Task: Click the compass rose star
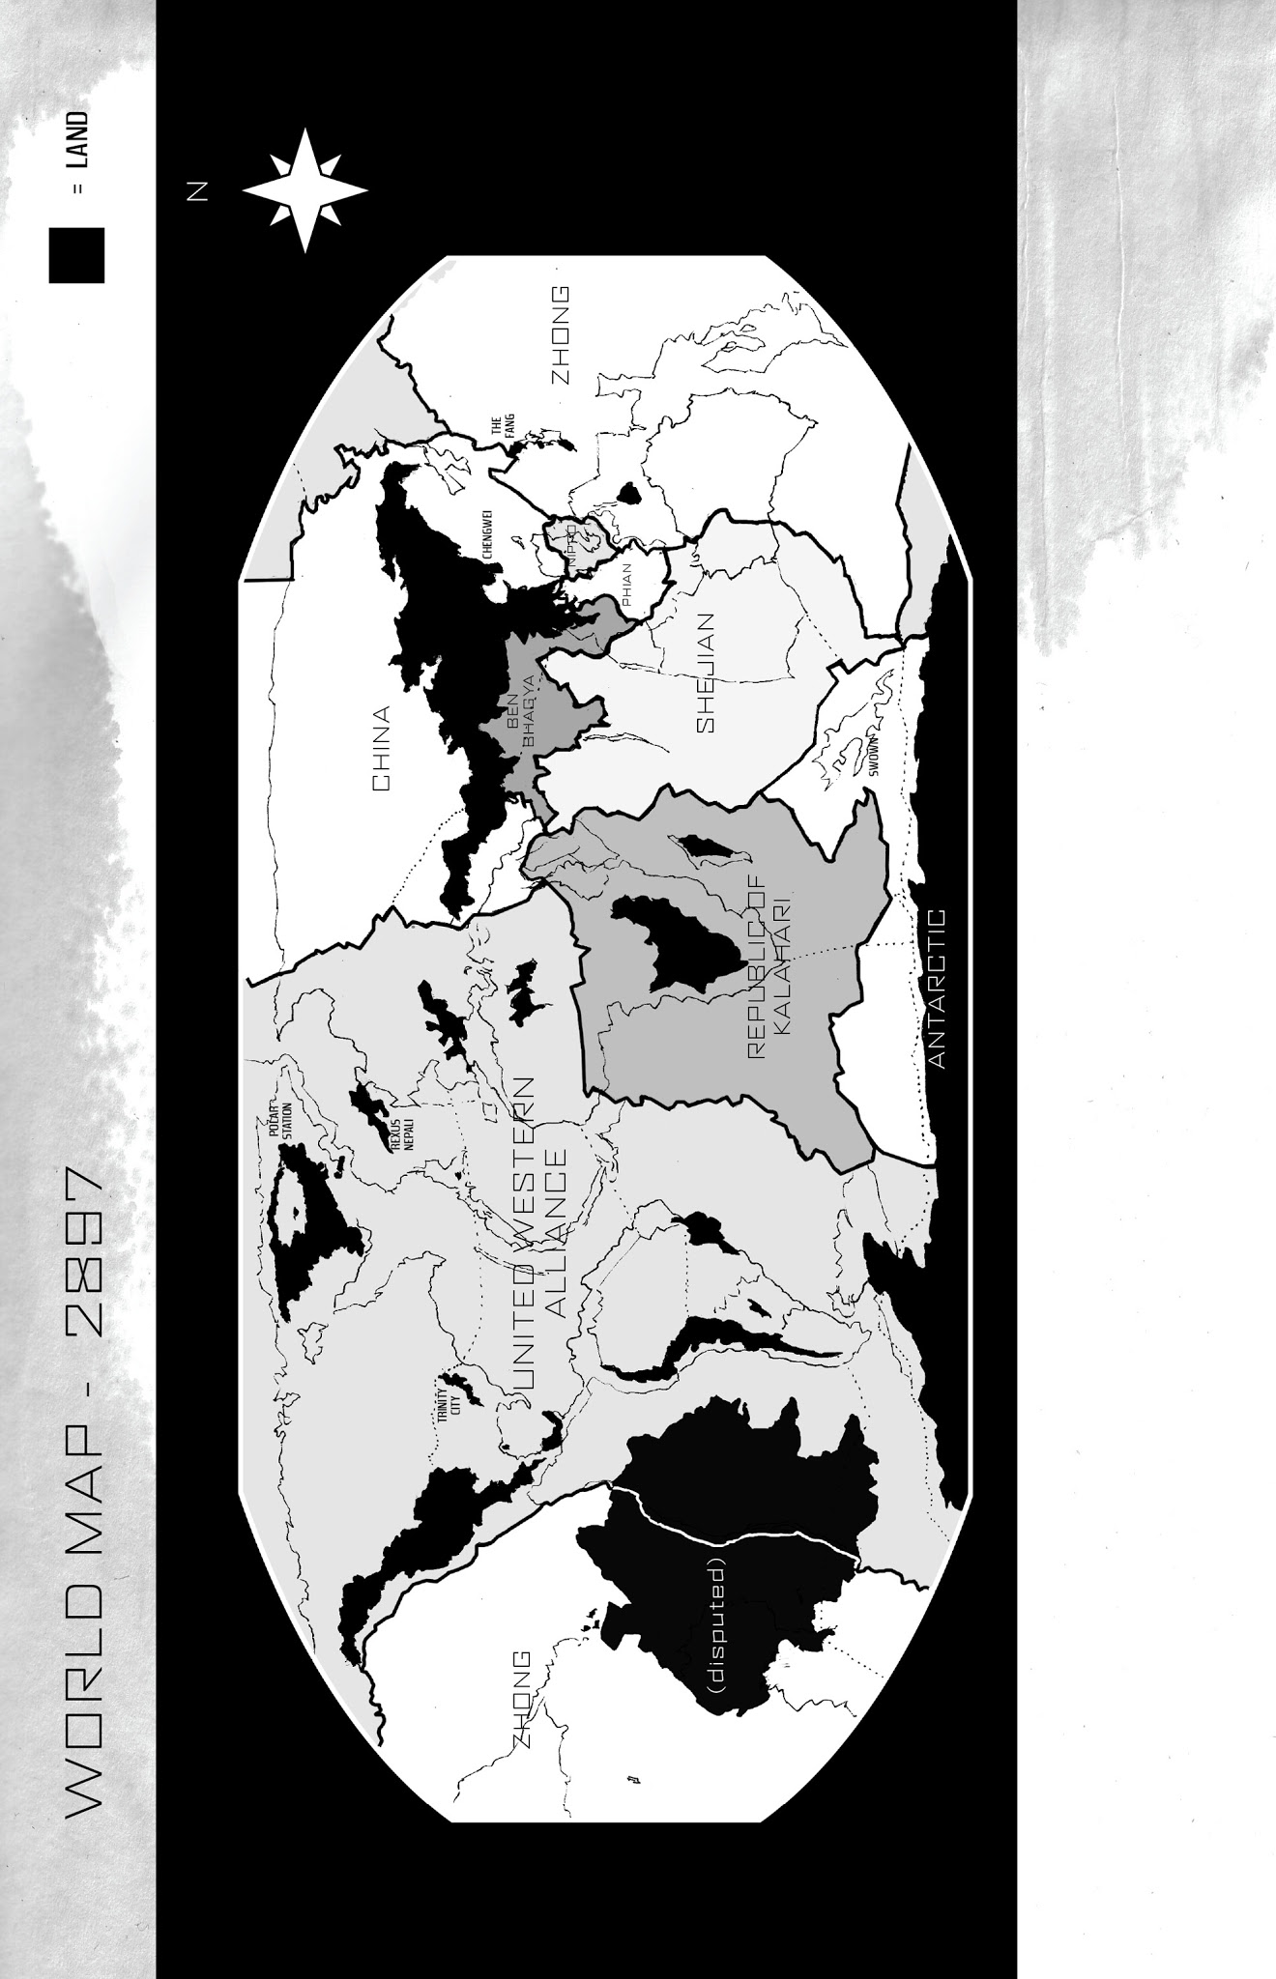304,190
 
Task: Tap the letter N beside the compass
196,191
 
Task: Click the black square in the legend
76,255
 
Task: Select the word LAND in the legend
79,140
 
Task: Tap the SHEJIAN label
705,673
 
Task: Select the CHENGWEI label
488,533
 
